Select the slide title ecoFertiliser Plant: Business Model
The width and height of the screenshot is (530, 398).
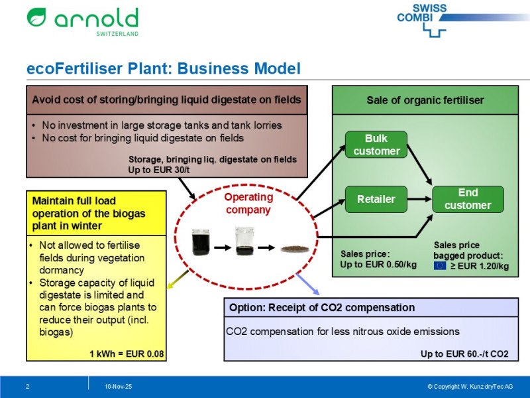(164, 69)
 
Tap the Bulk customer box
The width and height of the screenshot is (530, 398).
(376, 145)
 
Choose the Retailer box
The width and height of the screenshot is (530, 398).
(376, 198)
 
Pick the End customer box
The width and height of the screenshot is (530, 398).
(468, 199)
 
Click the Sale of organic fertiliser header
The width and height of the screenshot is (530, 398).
(425, 100)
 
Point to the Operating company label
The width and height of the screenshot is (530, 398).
(248, 204)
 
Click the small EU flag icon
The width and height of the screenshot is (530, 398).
(440, 266)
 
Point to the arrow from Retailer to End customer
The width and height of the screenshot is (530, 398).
(419, 198)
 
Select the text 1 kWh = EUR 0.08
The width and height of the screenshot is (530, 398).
(127, 354)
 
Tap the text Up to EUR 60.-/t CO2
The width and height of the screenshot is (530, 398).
(464, 354)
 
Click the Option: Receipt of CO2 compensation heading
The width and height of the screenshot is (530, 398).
(322, 308)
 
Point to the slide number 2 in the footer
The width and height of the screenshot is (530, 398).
(27, 386)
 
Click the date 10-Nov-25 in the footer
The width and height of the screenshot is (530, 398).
(118, 386)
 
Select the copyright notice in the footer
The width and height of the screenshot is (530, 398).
(470, 386)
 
